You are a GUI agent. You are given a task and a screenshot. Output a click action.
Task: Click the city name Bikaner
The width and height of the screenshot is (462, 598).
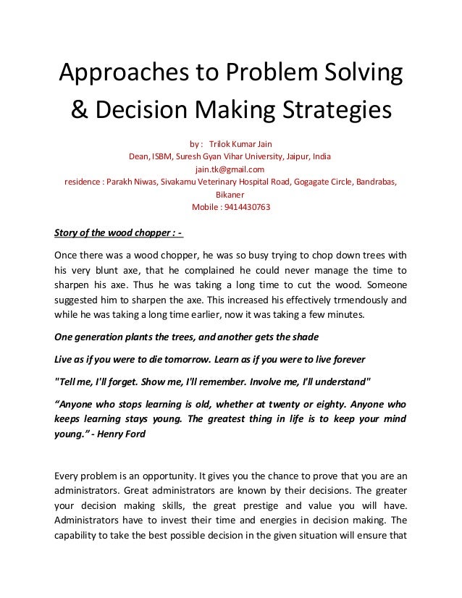(231, 194)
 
